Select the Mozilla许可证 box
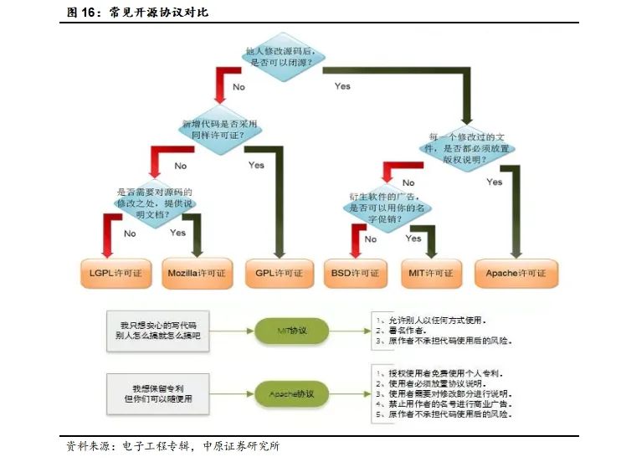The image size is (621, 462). [197, 273]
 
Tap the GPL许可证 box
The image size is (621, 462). [280, 273]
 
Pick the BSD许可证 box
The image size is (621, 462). [357, 273]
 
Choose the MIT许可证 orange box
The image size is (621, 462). [431, 273]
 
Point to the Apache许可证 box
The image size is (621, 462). [516, 273]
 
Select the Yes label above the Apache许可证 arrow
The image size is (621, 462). [495, 182]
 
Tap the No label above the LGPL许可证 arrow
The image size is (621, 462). [130, 234]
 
